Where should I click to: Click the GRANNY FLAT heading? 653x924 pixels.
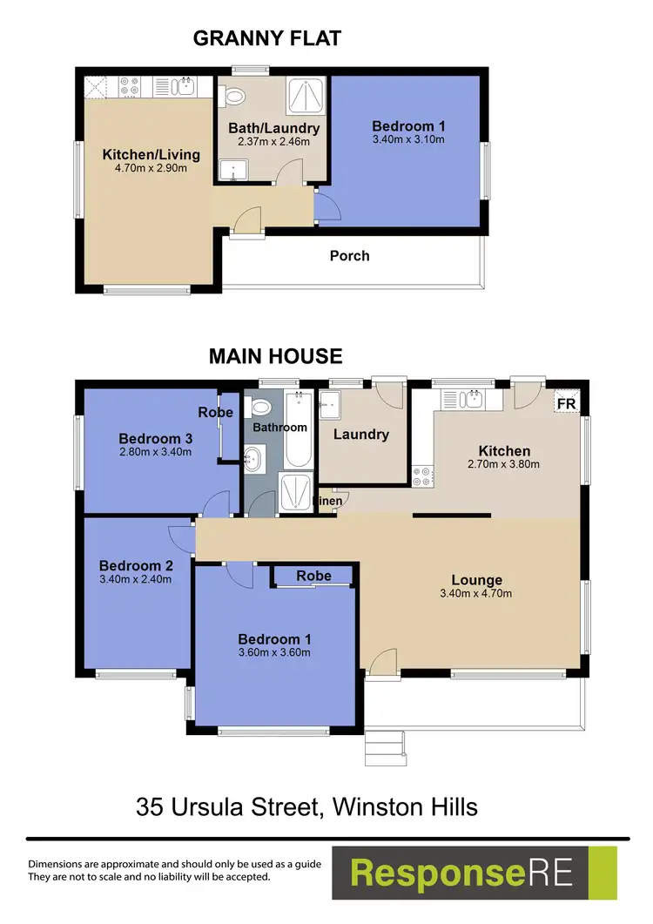[266, 37]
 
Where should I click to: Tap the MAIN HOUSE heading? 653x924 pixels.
[275, 356]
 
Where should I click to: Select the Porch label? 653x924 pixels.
[349, 256]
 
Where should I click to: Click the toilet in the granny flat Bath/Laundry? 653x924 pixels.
[235, 94]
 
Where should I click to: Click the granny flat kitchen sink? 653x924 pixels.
[185, 86]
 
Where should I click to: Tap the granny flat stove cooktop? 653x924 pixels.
[130, 86]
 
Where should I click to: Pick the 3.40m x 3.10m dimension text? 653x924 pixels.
[408, 139]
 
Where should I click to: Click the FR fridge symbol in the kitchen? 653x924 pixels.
[565, 403]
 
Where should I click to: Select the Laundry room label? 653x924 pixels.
[360, 434]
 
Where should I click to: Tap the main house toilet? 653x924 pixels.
[259, 407]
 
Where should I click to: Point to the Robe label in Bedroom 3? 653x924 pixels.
[215, 412]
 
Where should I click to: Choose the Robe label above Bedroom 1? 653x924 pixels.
[313, 576]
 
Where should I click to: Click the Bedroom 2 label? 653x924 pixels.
[130, 565]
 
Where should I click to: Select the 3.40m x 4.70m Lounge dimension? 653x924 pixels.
[476, 595]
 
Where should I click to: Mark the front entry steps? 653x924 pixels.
[384, 745]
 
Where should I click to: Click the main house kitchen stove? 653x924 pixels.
[422, 475]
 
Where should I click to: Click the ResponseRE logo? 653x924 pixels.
[474, 873]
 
